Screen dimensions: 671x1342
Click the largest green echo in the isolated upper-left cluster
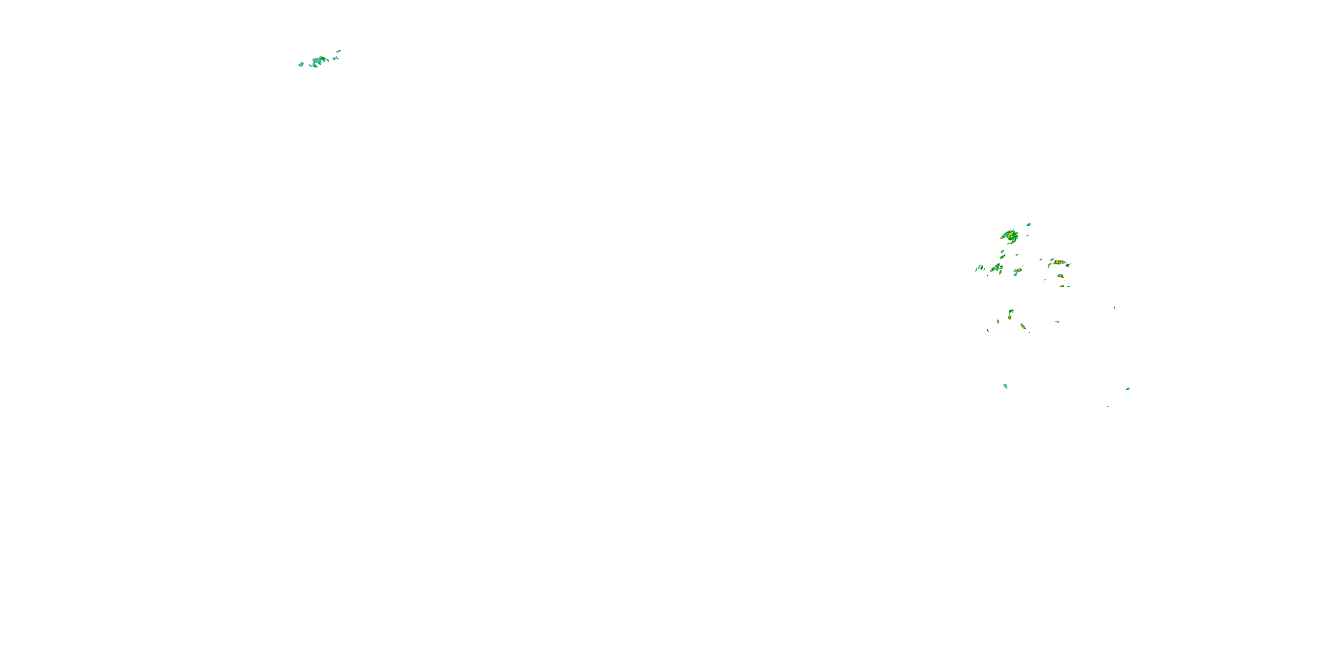318,60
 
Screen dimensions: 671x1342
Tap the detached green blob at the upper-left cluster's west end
301,64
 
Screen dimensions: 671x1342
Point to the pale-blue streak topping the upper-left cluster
339,51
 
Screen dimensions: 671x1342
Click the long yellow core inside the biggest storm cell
1011,235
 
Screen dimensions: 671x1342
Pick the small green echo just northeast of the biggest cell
1028,225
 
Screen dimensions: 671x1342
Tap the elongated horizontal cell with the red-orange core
1058,263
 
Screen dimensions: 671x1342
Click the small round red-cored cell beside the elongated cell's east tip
1067,265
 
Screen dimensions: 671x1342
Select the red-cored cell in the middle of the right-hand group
1017,272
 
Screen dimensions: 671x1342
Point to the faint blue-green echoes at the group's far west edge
979,268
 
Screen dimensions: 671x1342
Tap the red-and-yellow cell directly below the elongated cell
1060,276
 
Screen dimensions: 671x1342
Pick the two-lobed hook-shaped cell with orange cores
1011,314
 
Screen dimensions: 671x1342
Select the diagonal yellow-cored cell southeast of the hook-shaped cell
1023,326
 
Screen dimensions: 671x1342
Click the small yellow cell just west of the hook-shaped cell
998,321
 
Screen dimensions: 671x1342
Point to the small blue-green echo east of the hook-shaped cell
1057,322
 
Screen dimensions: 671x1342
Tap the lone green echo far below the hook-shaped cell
1006,386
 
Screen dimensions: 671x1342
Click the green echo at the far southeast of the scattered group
1127,389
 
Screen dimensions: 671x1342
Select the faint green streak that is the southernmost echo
1108,406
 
